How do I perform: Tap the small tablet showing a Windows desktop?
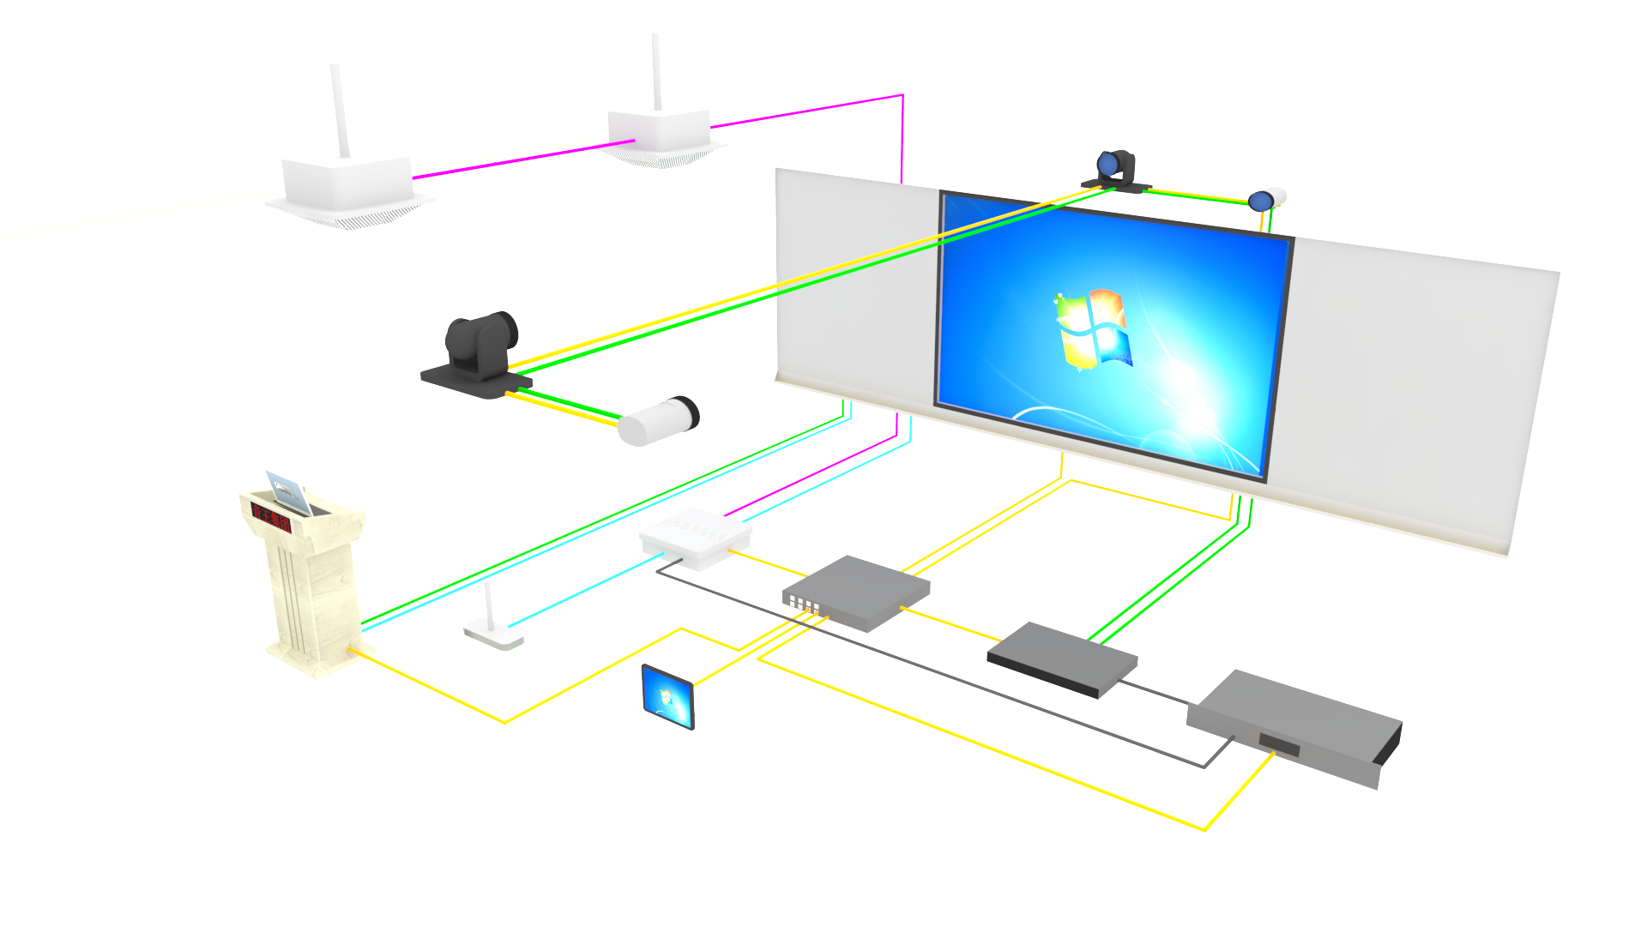coord(667,695)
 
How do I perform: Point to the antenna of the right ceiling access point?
coord(656,72)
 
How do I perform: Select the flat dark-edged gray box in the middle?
coord(1062,658)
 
